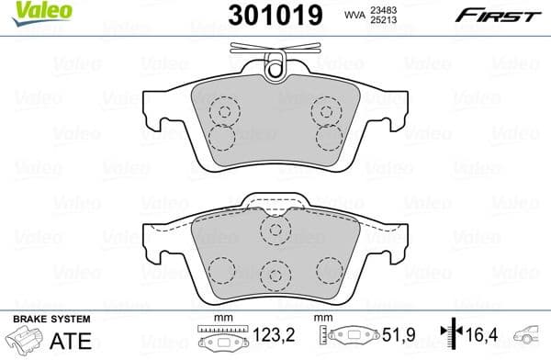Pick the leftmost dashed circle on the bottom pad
[x=221, y=269]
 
